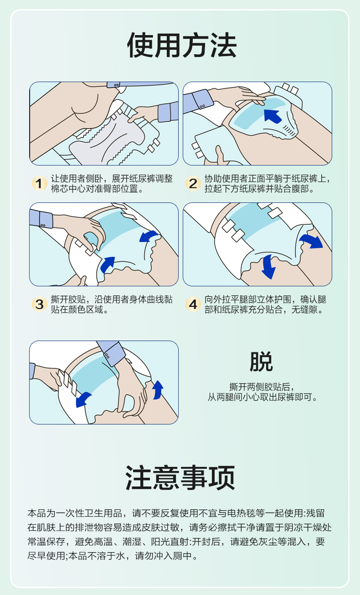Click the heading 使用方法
(x=182, y=45)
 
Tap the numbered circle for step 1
(x=39, y=183)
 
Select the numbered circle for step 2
(x=193, y=183)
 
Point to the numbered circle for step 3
(x=39, y=304)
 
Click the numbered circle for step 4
(x=193, y=304)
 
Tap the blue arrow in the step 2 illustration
(x=273, y=116)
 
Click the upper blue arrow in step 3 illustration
(x=149, y=236)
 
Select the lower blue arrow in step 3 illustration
(x=108, y=264)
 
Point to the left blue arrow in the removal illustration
(x=83, y=399)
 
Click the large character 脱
(x=261, y=361)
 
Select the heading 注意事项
(x=180, y=477)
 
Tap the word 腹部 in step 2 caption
(x=300, y=189)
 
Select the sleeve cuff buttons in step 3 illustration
(x=43, y=225)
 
